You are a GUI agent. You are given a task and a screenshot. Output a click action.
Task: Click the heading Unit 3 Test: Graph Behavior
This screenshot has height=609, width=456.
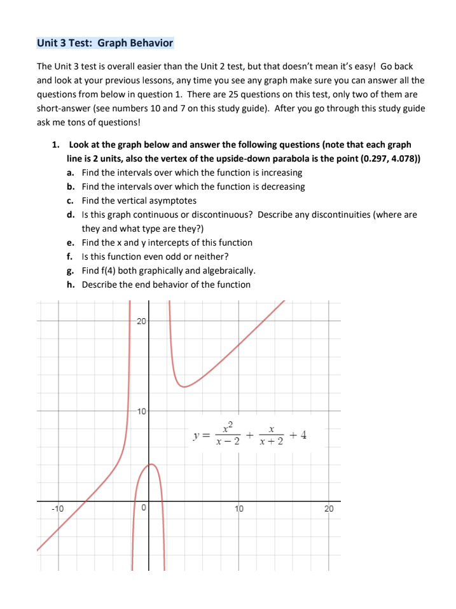point(105,43)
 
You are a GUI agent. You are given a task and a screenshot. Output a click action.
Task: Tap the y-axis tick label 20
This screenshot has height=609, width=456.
point(141,320)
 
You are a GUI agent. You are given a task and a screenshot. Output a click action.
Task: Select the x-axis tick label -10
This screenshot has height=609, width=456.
point(58,508)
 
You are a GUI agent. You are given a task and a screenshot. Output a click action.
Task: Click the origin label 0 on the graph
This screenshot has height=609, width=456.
point(144,508)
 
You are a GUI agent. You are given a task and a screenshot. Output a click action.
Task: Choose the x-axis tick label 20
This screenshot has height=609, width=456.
point(329,508)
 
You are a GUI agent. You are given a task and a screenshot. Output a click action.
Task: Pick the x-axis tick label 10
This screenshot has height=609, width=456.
point(239,508)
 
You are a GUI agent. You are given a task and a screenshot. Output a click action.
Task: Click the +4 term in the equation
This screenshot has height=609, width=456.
point(298,435)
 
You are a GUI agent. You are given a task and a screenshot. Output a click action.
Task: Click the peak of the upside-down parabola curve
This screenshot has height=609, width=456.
point(151,465)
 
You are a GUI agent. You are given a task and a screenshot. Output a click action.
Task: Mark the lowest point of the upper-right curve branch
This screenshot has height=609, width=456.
point(184,386)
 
